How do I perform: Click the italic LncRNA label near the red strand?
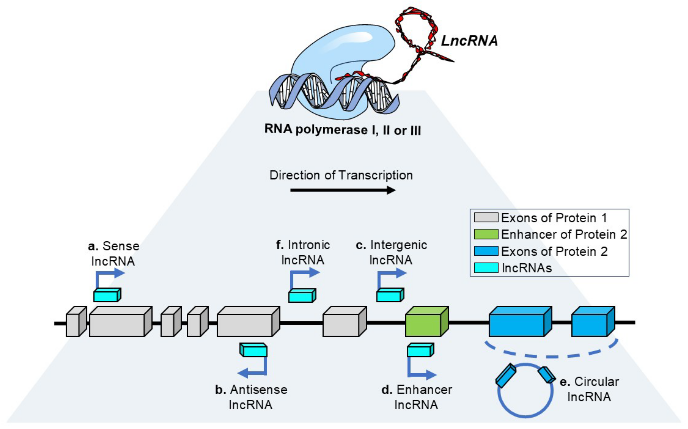click(x=469, y=41)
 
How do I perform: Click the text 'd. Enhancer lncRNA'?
click(x=416, y=397)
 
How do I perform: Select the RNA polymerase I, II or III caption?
click(x=342, y=130)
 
